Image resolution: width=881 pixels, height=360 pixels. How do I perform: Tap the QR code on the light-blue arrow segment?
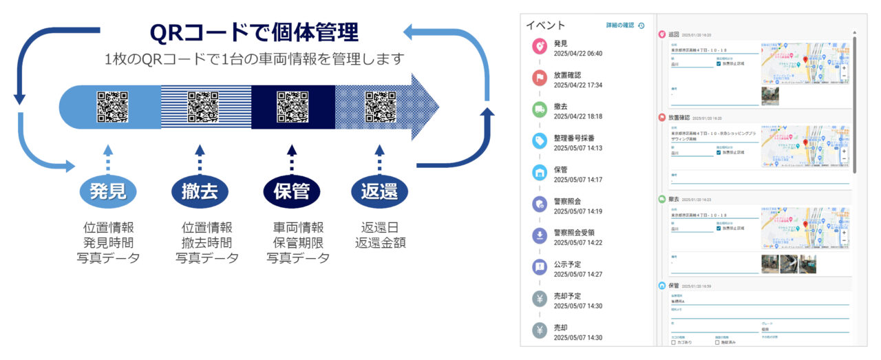point(112,107)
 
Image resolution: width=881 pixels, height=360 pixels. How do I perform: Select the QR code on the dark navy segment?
point(293,107)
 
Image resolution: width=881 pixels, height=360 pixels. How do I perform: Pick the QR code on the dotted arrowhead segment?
point(381,107)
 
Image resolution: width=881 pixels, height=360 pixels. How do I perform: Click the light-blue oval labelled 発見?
point(108,190)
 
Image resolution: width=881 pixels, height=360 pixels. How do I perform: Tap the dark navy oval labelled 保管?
point(292,190)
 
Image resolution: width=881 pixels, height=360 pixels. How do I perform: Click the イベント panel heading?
point(546,25)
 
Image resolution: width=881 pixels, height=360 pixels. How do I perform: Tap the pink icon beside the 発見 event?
point(540,47)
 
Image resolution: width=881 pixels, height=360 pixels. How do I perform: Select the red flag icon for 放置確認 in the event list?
point(540,78)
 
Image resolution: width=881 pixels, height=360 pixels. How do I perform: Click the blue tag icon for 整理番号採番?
point(540,141)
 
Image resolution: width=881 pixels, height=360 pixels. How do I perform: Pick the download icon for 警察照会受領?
point(540,236)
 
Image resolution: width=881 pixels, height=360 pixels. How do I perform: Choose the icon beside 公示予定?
point(540,267)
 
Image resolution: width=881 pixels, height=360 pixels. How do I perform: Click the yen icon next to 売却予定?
point(540,299)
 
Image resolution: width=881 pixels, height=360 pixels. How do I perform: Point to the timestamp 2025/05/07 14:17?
point(578,180)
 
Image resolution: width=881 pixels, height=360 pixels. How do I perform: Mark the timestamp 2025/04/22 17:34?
point(578,85)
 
